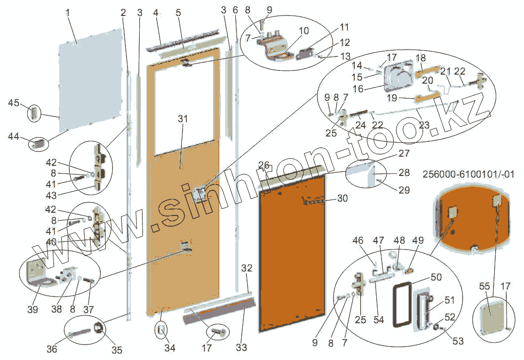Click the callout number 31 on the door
pyautogui.click(x=183, y=119)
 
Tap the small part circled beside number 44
pyautogui.click(x=38, y=143)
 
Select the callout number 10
pyautogui.click(x=304, y=31)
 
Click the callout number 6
pyautogui.click(x=235, y=10)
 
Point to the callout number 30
pyautogui.click(x=342, y=198)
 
